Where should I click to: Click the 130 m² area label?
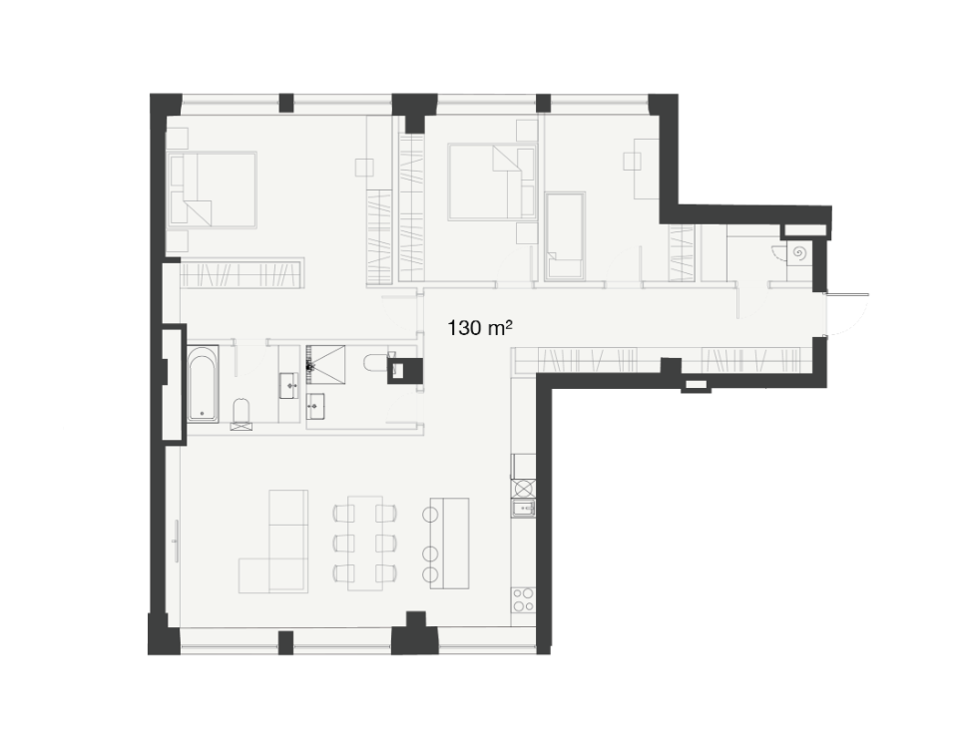[480, 328]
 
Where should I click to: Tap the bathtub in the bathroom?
[203, 384]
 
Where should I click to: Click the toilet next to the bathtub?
[241, 414]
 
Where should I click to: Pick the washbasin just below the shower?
[317, 406]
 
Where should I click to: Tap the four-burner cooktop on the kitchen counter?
[523, 599]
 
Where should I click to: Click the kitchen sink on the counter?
[523, 509]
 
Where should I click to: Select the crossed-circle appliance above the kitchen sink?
[523, 489]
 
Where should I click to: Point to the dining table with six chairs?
[365, 543]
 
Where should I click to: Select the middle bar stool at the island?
[430, 551]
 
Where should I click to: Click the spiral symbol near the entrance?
[800, 252]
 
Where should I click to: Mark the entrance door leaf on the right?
[848, 294]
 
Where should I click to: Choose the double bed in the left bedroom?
[213, 190]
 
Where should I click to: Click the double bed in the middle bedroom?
[492, 182]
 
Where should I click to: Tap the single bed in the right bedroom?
[566, 236]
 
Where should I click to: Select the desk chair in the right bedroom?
[633, 162]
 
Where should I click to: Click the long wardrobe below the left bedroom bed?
[241, 272]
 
